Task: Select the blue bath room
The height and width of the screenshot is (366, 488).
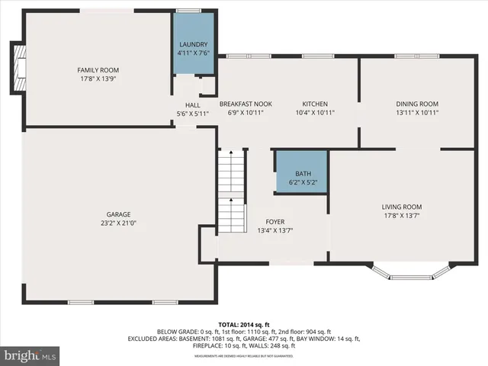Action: [301, 172]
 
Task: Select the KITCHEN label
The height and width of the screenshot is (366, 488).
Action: [315, 104]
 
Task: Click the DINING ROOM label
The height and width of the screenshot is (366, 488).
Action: [417, 104]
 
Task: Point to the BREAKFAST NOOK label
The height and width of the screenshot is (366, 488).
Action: [246, 104]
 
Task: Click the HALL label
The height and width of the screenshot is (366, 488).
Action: [192, 105]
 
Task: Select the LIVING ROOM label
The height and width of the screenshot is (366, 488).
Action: [402, 207]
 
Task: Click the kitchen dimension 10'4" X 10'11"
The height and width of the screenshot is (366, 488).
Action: [315, 112]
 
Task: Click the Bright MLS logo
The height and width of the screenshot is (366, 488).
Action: [30, 355]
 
